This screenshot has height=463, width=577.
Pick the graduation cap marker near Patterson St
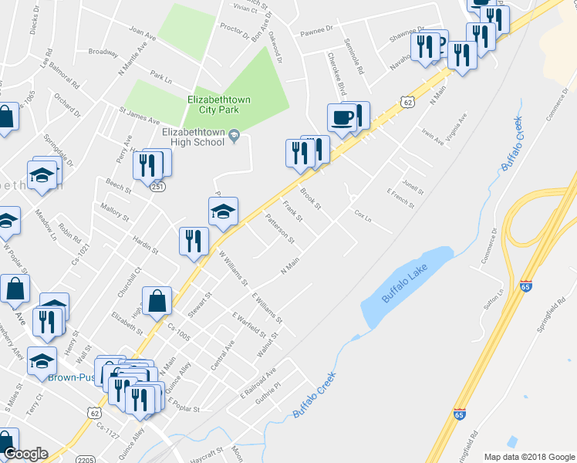pos(222,211)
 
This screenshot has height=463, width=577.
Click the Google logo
pos(25,455)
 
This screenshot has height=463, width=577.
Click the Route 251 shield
pos(157,187)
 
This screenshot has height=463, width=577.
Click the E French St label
pos(400,199)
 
